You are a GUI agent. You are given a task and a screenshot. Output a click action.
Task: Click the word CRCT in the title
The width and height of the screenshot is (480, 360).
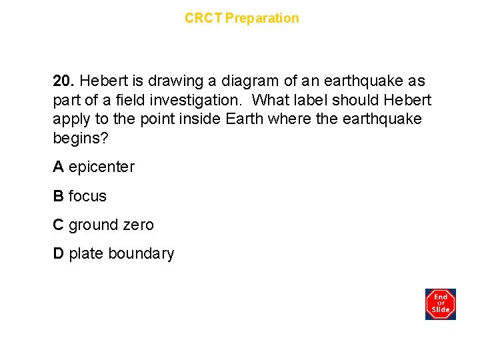(x=203, y=18)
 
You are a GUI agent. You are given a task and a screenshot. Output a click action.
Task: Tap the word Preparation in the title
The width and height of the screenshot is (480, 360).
(x=262, y=18)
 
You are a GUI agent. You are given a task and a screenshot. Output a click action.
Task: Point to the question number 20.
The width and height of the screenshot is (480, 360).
(x=63, y=81)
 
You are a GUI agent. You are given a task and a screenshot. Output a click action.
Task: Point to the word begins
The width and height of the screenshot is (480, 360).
(x=77, y=139)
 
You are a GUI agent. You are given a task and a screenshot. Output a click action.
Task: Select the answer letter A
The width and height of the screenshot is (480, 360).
(x=59, y=167)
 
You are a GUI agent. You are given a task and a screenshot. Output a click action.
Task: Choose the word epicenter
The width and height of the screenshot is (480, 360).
(x=101, y=167)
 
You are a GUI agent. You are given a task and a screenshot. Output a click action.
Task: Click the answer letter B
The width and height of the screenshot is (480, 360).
(x=59, y=196)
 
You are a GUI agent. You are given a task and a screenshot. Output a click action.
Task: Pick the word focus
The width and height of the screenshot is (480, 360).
(x=87, y=196)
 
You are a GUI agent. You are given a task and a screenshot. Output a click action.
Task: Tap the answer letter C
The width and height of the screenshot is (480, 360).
(x=59, y=225)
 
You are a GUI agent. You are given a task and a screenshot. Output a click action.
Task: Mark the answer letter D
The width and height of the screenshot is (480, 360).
(x=59, y=254)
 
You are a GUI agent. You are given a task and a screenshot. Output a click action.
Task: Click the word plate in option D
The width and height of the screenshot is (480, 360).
(x=86, y=254)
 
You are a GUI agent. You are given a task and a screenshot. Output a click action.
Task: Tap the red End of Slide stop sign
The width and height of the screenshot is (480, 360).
(x=441, y=304)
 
